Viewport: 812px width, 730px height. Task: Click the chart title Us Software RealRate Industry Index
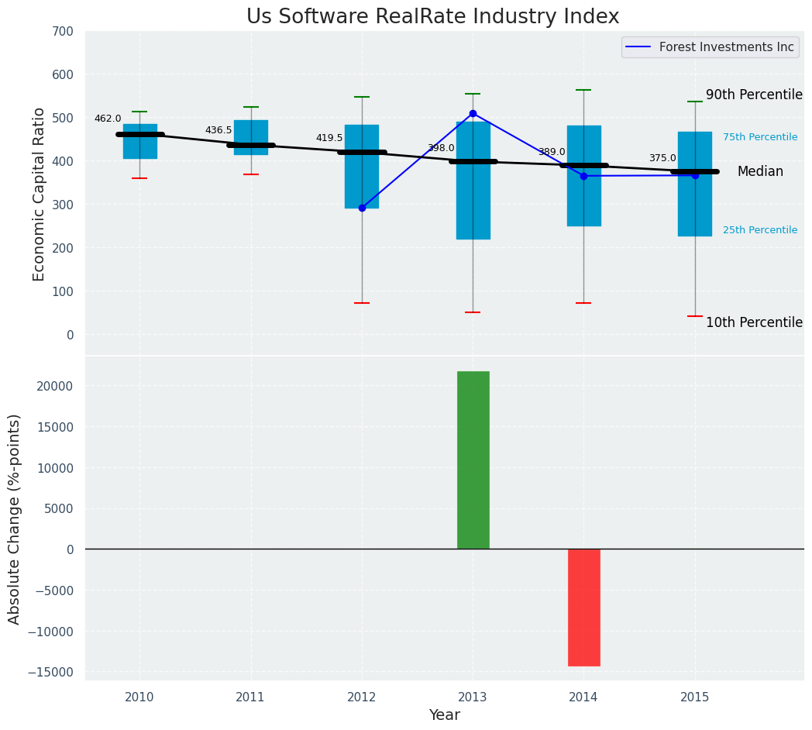432,17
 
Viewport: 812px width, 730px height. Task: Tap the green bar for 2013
473,460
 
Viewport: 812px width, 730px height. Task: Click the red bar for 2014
583,607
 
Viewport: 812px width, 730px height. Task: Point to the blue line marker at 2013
473,113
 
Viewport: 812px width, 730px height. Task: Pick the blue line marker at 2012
362,208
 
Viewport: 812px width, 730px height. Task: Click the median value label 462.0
108,119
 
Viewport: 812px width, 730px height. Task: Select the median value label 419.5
329,138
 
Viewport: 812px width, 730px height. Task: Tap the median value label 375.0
662,158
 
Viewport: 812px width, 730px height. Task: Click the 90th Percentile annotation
754,95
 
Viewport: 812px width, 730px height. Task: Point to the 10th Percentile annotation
754,322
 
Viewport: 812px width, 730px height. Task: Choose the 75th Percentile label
760,137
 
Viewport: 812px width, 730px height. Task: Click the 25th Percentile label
760,230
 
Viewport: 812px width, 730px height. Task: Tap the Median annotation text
760,172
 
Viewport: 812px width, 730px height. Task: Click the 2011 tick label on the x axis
250,697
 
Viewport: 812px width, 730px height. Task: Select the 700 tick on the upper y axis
63,32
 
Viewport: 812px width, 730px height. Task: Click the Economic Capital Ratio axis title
40,194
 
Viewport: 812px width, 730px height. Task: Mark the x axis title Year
444,715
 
